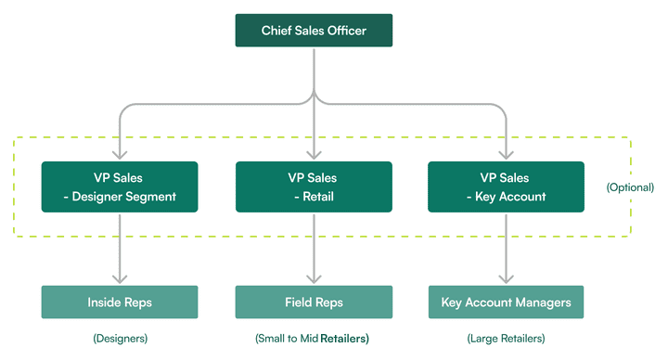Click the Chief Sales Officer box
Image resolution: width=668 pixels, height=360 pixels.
[314, 31]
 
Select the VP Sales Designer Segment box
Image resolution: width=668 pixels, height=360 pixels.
[120, 186]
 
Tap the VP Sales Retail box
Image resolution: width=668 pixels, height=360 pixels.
[314, 186]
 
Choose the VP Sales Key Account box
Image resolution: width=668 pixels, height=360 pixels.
[506, 186]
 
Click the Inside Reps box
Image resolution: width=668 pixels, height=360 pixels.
[120, 302]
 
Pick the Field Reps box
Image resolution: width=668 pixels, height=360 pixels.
[314, 302]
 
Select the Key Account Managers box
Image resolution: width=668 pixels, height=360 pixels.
[506, 302]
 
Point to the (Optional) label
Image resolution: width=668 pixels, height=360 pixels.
[630, 186]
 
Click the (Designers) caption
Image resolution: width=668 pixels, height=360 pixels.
[119, 339]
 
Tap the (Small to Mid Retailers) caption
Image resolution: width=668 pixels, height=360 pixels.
[312, 339]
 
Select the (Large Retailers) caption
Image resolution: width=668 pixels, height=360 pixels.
[506, 339]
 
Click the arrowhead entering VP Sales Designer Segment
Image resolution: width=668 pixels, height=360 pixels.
[120, 155]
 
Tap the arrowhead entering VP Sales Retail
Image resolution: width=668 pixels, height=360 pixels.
[314, 155]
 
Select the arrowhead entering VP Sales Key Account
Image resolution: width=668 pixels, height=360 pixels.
[506, 155]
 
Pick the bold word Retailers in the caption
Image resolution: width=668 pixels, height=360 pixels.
[344, 339]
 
